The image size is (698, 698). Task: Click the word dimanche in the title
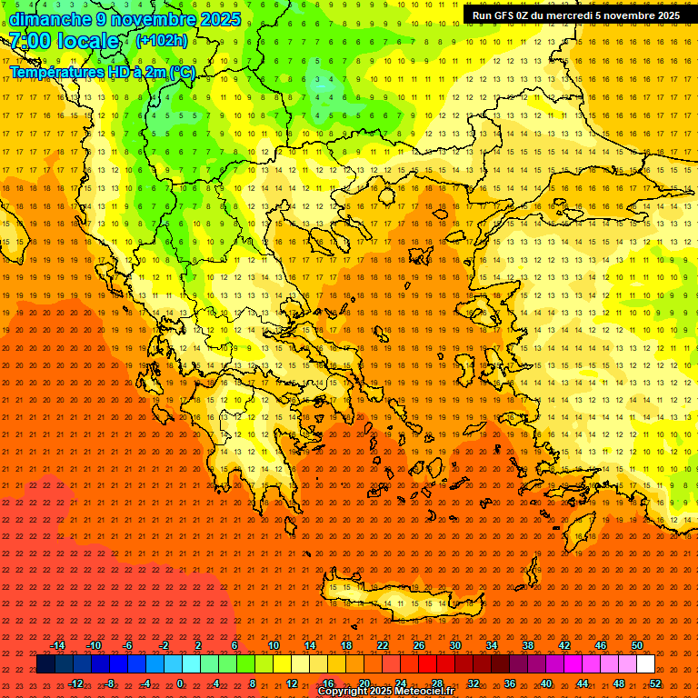[50, 19]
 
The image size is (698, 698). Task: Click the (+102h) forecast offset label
[161, 41]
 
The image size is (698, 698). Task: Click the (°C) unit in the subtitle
[182, 72]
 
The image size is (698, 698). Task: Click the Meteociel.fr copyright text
[386, 691]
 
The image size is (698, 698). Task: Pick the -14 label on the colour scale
[56, 645]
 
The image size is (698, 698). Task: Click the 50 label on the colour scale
[637, 645]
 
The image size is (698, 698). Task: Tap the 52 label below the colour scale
[655, 683]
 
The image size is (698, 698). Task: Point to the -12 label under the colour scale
[75, 683]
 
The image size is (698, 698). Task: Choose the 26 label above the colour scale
[419, 645]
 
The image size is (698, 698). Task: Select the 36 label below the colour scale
[510, 683]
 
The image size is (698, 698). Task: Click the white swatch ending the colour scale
[645, 664]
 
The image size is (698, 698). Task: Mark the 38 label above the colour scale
[528, 645]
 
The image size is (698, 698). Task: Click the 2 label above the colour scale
[198, 645]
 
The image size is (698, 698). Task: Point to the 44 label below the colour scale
[583, 683]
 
